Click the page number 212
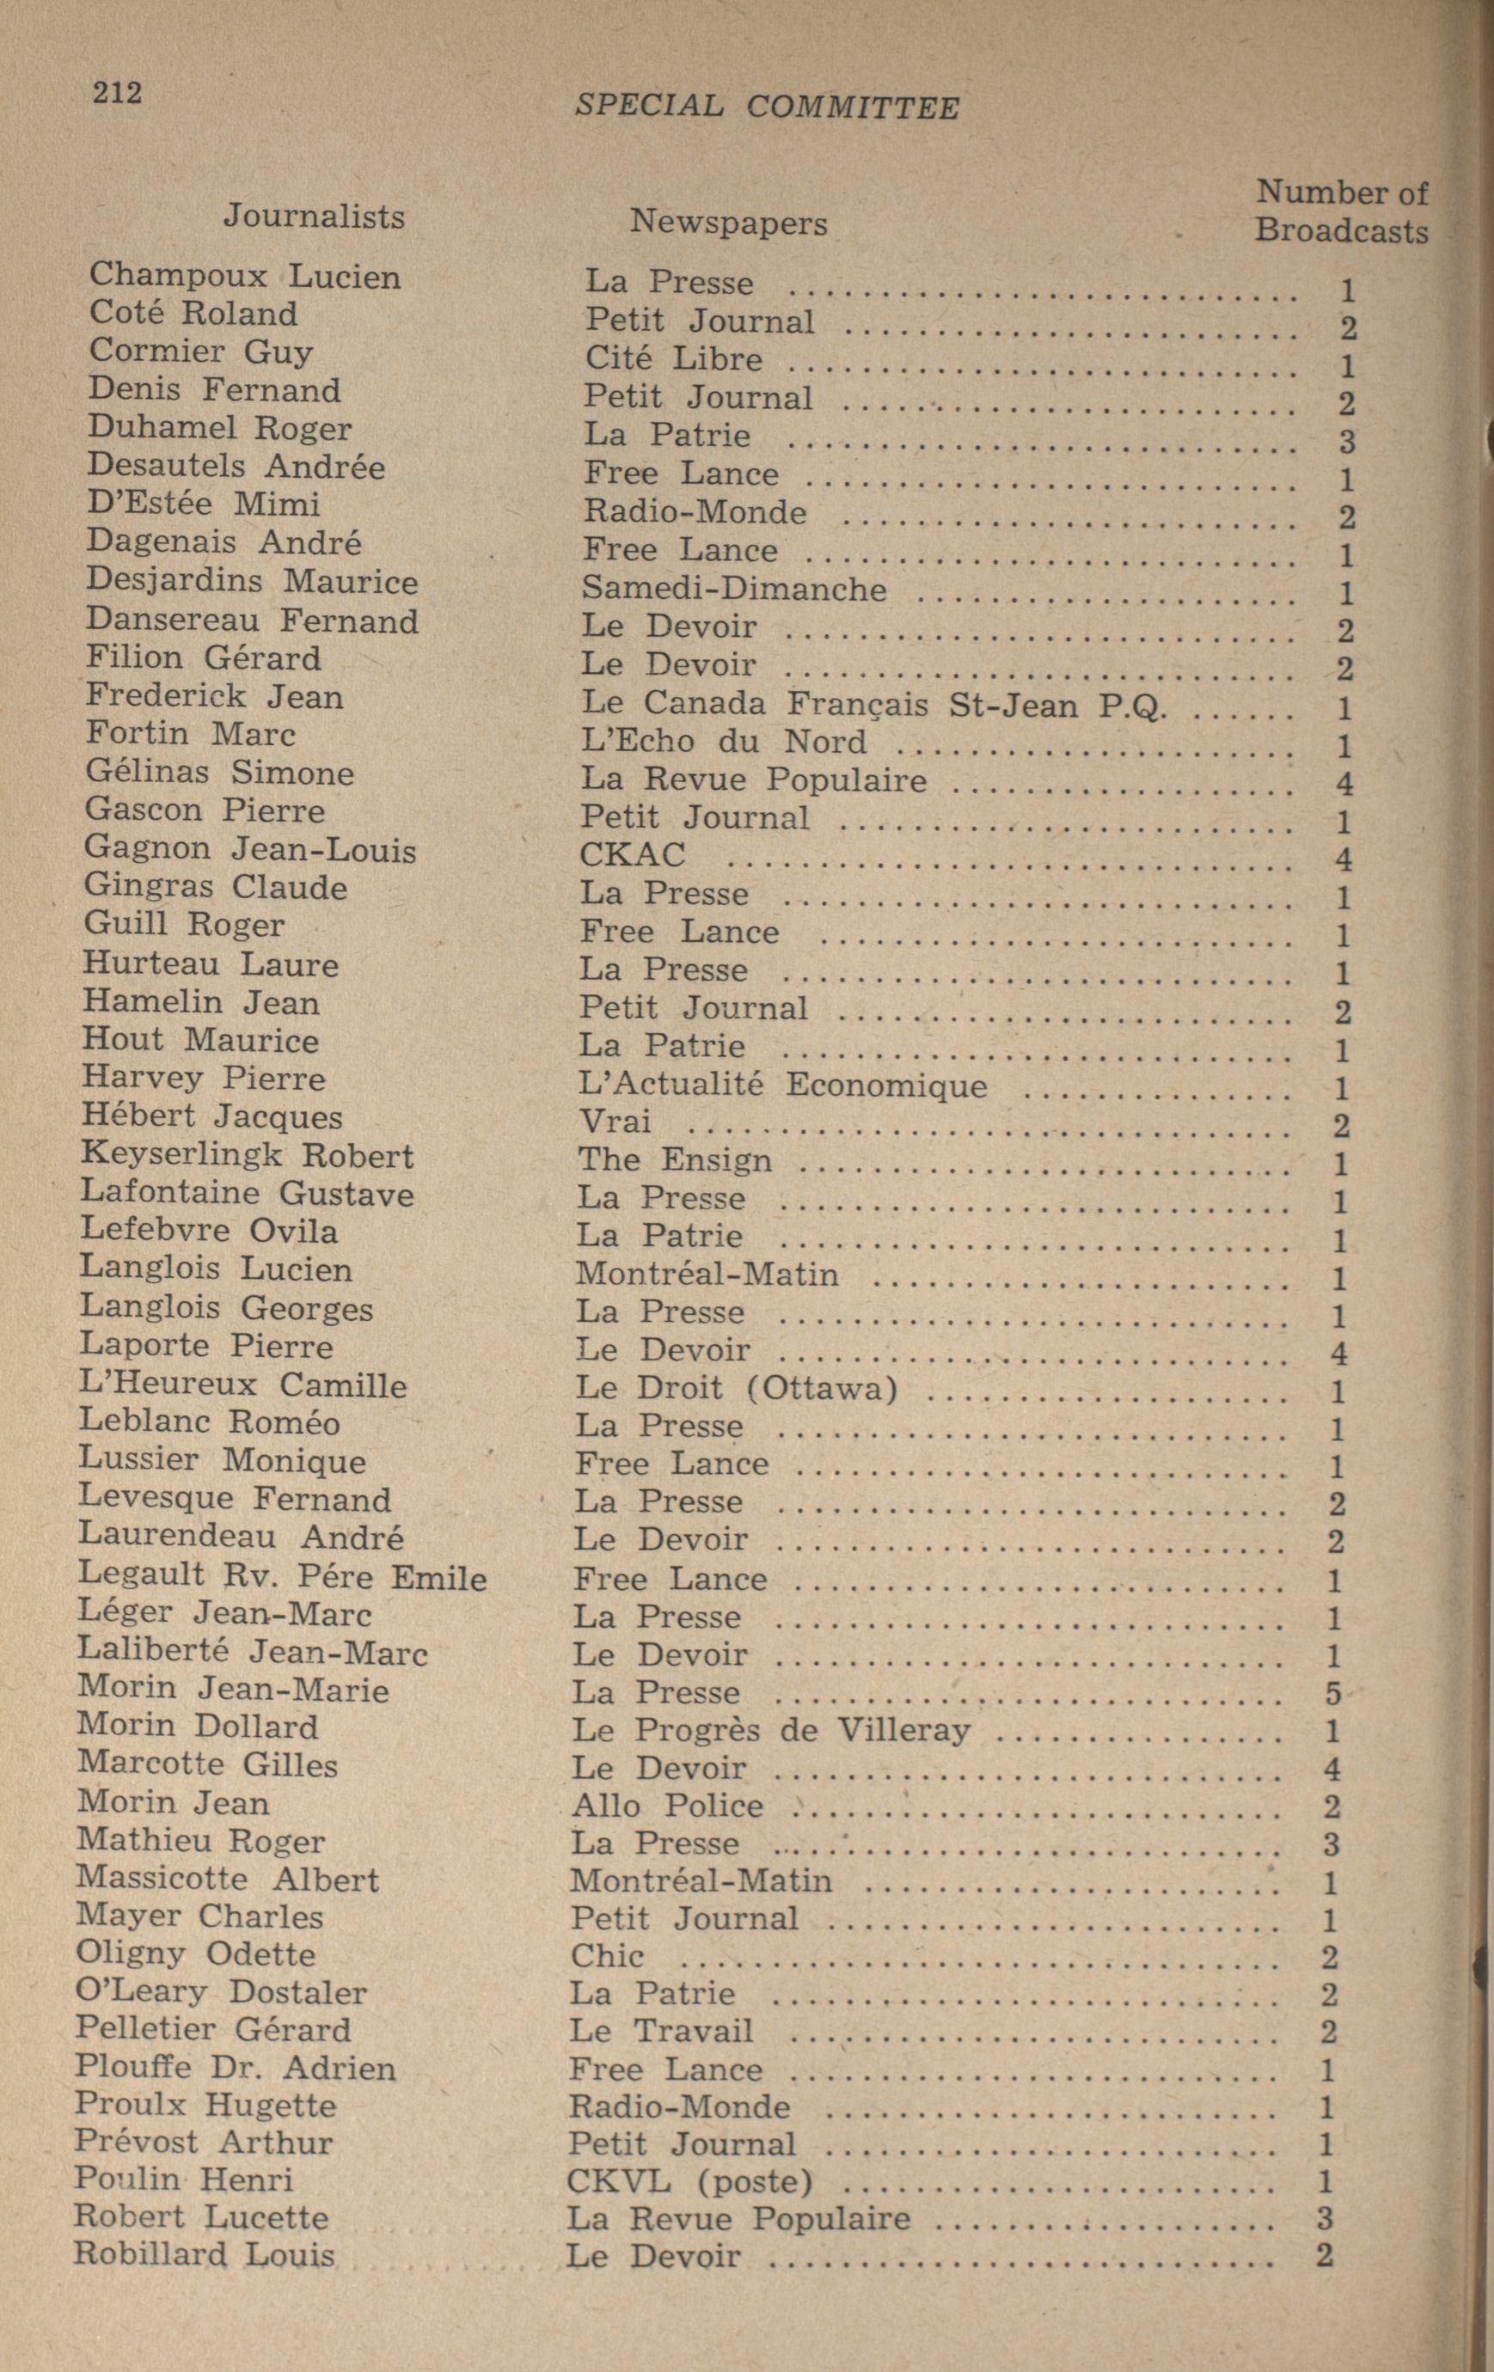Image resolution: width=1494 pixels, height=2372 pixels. [x=117, y=93]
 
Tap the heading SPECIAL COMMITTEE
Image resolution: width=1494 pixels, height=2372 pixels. [x=766, y=107]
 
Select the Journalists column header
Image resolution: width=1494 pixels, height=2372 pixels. [x=314, y=216]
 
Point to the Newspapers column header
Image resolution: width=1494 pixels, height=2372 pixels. [x=728, y=223]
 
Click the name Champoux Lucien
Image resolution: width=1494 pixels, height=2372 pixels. [x=244, y=276]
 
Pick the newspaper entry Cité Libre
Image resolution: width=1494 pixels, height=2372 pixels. [x=673, y=358]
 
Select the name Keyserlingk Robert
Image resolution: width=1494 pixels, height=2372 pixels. [x=247, y=1154]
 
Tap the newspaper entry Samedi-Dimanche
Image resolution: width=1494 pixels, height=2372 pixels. [x=733, y=588]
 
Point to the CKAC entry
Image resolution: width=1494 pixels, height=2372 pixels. [x=632, y=854]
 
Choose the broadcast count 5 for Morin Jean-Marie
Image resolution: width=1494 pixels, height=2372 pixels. [x=1333, y=1693]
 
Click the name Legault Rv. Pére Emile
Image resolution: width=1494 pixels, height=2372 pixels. [x=282, y=1577]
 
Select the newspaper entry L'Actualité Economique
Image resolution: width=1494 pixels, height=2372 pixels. [x=781, y=1085]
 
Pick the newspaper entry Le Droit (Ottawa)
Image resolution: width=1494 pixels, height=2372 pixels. [x=736, y=1388]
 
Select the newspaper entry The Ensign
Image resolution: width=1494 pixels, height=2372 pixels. [x=674, y=1159]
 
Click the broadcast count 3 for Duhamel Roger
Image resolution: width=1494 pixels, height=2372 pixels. [x=1346, y=440]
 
